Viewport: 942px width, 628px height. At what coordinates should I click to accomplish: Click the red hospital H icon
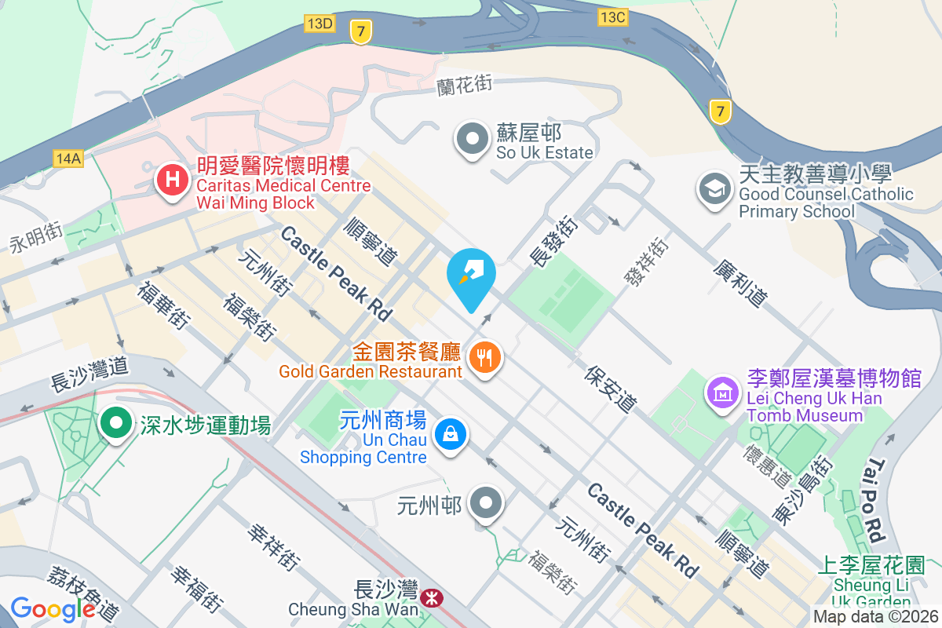click(x=172, y=181)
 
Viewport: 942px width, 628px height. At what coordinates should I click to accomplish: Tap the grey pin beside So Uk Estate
click(x=473, y=139)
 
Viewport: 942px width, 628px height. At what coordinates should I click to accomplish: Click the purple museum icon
click(x=722, y=390)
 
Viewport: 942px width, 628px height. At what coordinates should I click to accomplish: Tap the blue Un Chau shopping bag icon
click(x=451, y=433)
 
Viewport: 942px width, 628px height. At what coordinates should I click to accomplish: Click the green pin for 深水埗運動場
click(x=117, y=424)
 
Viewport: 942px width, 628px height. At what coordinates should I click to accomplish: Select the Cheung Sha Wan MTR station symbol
click(x=430, y=599)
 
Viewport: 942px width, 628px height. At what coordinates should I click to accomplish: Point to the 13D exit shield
click(x=320, y=24)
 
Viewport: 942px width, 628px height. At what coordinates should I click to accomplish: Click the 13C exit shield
click(x=612, y=16)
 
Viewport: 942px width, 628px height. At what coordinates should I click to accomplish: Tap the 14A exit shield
click(x=68, y=159)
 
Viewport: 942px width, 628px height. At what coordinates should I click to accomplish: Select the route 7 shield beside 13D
click(x=360, y=31)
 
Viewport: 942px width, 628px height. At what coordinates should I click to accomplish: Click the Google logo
click(x=53, y=608)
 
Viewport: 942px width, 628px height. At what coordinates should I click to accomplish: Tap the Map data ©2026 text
click(x=874, y=617)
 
